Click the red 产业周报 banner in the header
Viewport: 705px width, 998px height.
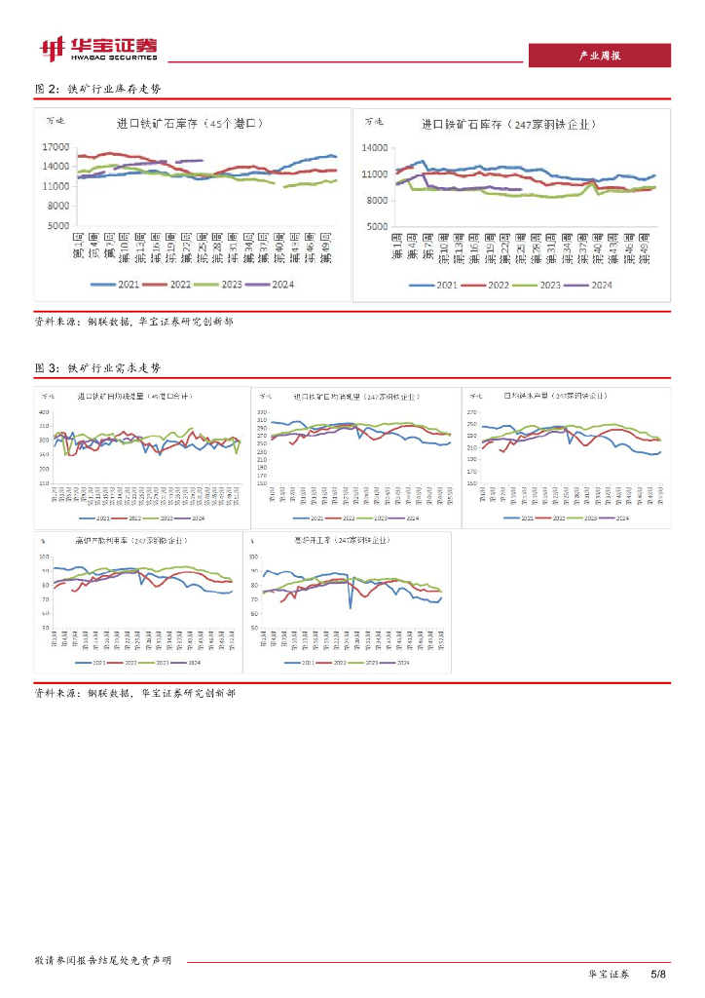tap(599, 56)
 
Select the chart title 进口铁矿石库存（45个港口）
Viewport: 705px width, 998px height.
tap(190, 124)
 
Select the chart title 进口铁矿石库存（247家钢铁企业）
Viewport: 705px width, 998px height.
tap(508, 125)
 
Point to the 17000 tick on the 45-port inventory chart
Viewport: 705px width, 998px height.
tap(56, 147)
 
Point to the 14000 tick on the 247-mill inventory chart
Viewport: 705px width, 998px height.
tap(375, 147)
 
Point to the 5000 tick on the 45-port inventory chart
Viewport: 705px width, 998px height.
tap(59, 225)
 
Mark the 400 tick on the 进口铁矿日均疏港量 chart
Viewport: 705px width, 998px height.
tap(44, 412)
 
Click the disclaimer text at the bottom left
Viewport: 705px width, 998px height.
tap(102, 960)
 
